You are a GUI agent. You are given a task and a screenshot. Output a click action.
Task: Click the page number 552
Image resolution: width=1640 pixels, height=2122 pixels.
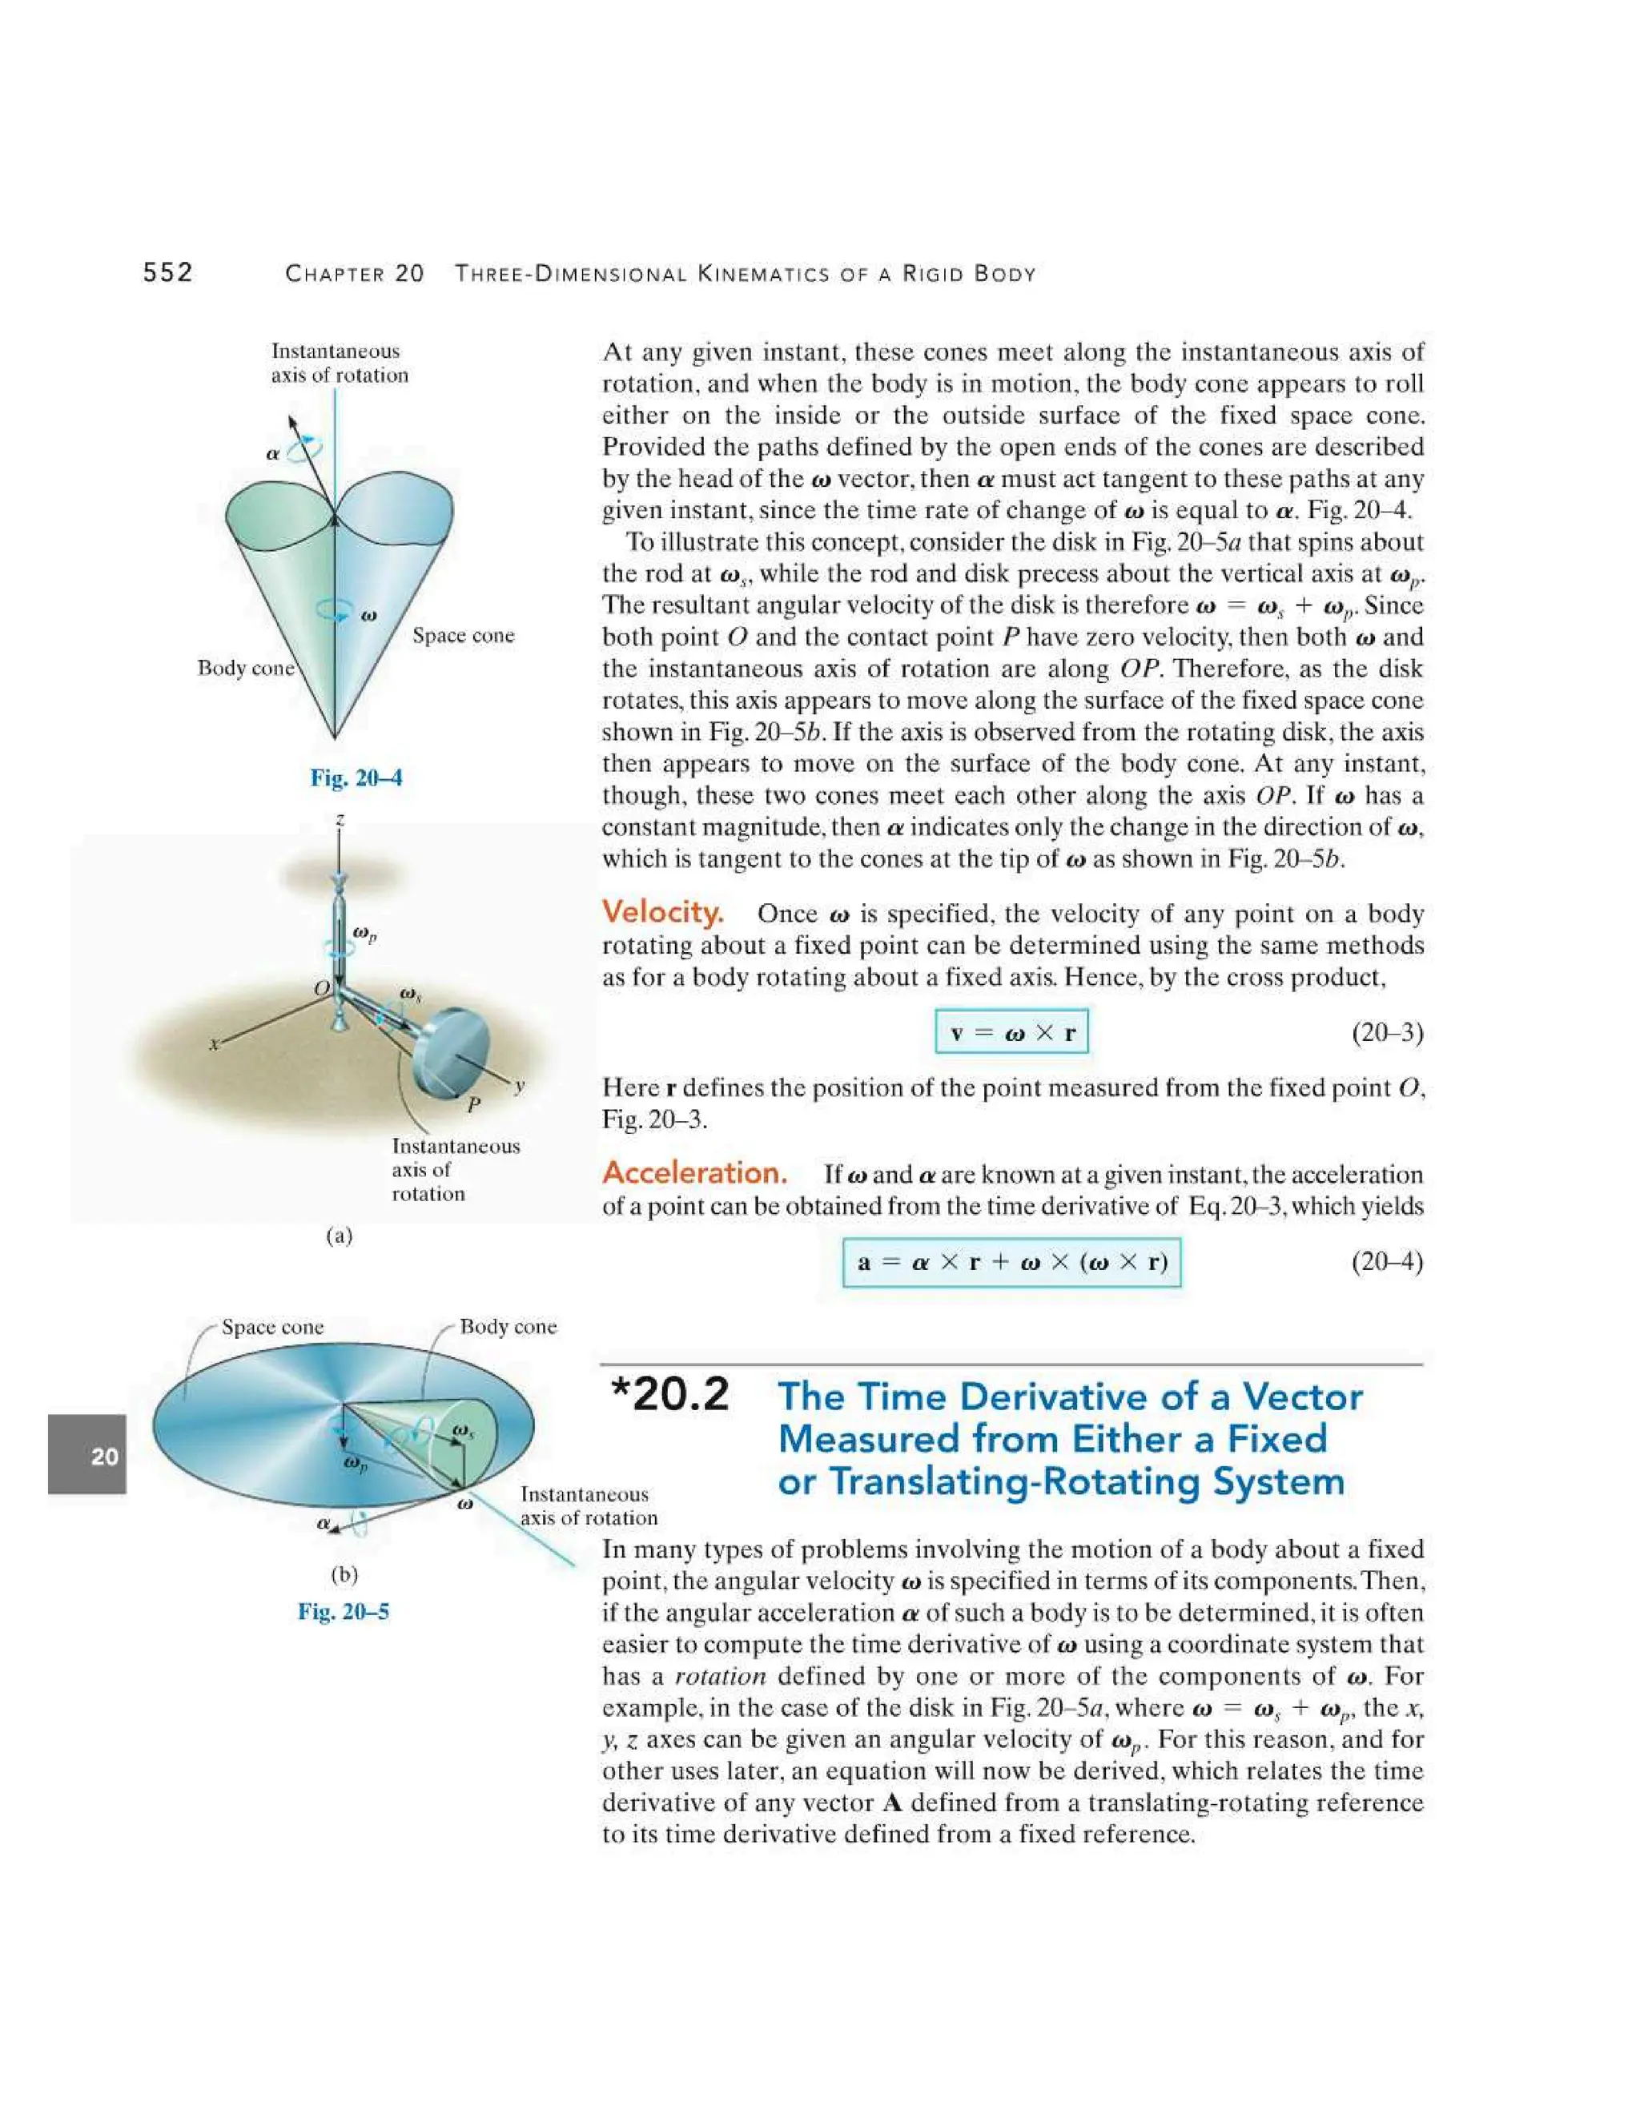click(x=168, y=272)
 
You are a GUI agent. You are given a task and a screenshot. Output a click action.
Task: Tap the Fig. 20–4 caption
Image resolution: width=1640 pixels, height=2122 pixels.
click(x=356, y=778)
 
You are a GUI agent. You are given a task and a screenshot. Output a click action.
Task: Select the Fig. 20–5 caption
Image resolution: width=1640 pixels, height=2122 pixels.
click(x=343, y=1611)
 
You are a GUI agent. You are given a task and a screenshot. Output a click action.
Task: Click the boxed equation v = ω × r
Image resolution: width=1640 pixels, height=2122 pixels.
click(x=1011, y=1032)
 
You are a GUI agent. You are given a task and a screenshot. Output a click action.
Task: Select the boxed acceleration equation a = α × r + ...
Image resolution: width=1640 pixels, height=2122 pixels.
click(x=1011, y=1262)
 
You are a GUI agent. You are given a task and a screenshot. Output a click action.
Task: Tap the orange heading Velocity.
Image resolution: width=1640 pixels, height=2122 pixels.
click(x=662, y=912)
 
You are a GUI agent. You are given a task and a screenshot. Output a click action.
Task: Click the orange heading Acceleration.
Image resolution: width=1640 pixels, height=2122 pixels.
click(x=694, y=1173)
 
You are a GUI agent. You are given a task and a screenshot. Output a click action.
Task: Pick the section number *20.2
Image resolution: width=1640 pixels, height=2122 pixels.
click(x=670, y=1395)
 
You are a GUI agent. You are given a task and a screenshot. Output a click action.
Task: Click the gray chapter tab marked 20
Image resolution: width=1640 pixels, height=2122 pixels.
click(x=87, y=1454)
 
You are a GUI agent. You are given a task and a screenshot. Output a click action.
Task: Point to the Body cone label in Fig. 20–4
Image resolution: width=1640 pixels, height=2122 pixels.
click(x=245, y=669)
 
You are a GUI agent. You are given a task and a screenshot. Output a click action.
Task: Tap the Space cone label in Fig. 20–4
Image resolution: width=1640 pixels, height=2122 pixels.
click(x=464, y=636)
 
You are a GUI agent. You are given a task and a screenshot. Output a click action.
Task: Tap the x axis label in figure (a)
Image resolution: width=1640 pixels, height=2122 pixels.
click(x=215, y=1044)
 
